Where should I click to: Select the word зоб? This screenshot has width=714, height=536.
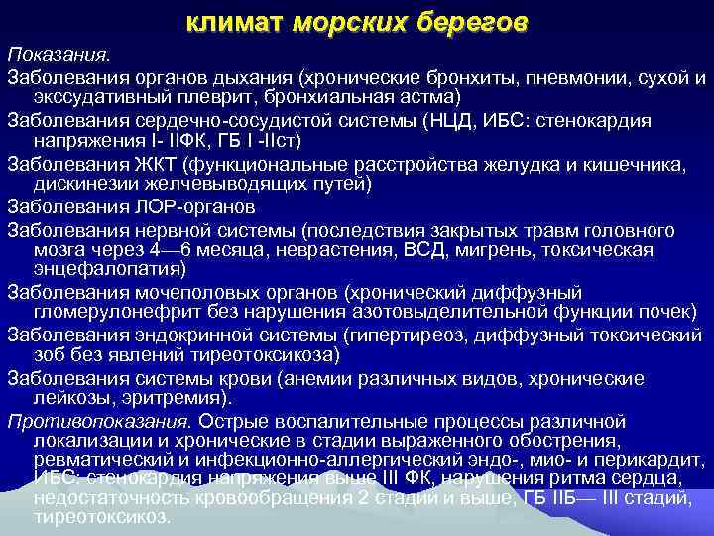pos(49,355)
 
